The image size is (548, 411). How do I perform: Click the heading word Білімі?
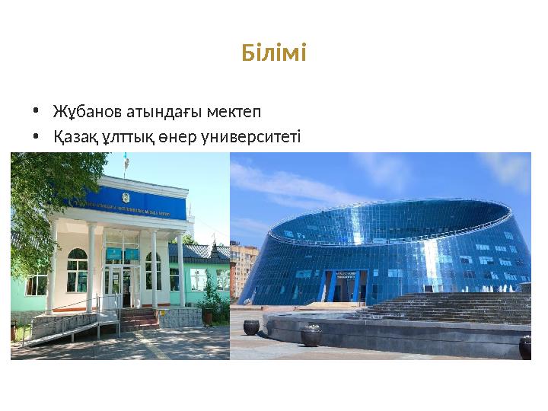click(x=273, y=54)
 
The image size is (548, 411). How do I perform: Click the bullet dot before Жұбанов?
click(x=36, y=113)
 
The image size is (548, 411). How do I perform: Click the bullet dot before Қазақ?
click(x=36, y=138)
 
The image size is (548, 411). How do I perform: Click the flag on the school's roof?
click(x=126, y=162)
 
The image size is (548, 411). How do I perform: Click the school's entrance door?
click(x=122, y=285)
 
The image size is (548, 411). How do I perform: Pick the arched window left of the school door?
click(x=77, y=271)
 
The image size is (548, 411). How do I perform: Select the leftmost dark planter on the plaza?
click(x=250, y=327)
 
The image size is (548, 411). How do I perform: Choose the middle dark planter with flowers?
click(x=311, y=335)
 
